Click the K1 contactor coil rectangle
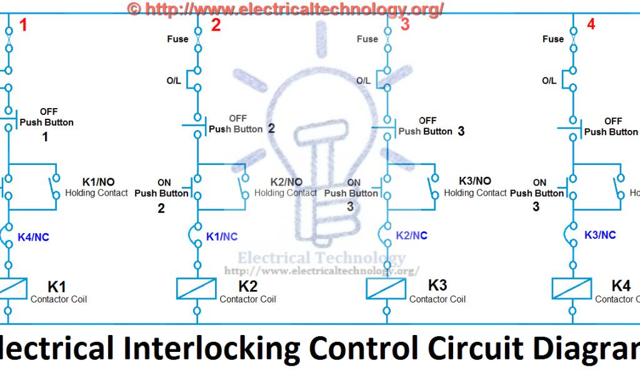tap(9, 288)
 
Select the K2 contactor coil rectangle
tap(197, 288)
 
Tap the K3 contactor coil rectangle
tap(386, 288)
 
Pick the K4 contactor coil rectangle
tap(572, 288)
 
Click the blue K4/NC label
tap(33, 237)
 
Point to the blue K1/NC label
tap(222, 237)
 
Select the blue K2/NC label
tap(412, 236)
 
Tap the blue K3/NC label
tap(600, 235)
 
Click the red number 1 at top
tap(24, 26)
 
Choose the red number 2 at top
tap(216, 26)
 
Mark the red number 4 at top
tap(591, 26)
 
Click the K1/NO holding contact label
tap(99, 181)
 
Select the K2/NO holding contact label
tap(286, 181)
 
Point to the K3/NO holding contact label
tap(475, 181)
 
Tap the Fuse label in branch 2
tap(177, 39)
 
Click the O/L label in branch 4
tap(549, 81)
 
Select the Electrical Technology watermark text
tap(321, 257)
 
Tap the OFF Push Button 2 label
tap(241, 124)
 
